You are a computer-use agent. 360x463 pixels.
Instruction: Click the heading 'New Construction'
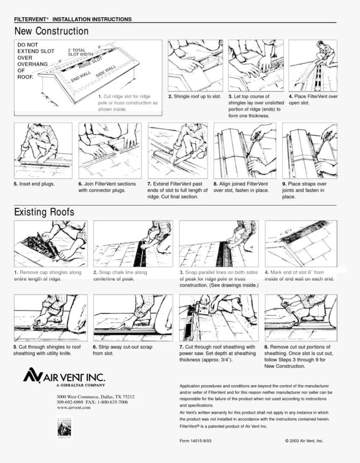pyautogui.click(x=51, y=31)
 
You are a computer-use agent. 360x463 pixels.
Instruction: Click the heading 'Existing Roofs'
pyautogui.click(x=44, y=212)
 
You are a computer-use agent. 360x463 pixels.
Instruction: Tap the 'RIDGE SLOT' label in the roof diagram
pyautogui.click(x=90, y=63)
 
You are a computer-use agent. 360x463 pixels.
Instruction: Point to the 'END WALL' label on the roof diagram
pyautogui.click(x=81, y=77)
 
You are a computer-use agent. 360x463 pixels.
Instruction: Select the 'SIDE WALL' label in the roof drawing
pyautogui.click(x=106, y=71)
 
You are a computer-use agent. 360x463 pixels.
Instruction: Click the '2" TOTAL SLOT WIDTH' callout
pyautogui.click(x=80, y=52)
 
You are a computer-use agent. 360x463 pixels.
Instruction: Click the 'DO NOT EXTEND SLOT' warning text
pyautogui.click(x=36, y=48)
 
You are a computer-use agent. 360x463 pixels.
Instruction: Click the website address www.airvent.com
pyautogui.click(x=74, y=408)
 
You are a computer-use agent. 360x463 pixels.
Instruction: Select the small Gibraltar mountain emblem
pyautogui.click(x=64, y=427)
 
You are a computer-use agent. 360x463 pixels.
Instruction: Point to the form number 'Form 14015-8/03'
pyautogui.click(x=195, y=441)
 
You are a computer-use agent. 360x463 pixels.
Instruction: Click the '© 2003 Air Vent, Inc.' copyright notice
pyautogui.click(x=304, y=441)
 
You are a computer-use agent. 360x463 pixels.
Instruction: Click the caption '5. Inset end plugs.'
pyautogui.click(x=34, y=184)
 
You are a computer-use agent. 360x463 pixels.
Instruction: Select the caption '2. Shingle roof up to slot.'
pyautogui.click(x=195, y=97)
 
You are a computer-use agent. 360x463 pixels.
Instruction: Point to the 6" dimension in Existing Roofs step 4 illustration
pyautogui.click(x=288, y=231)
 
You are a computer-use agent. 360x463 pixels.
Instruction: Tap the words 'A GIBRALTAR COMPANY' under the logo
pyautogui.click(x=81, y=385)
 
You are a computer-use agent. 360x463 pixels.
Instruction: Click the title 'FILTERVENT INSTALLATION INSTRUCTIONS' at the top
pyautogui.click(x=73, y=20)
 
